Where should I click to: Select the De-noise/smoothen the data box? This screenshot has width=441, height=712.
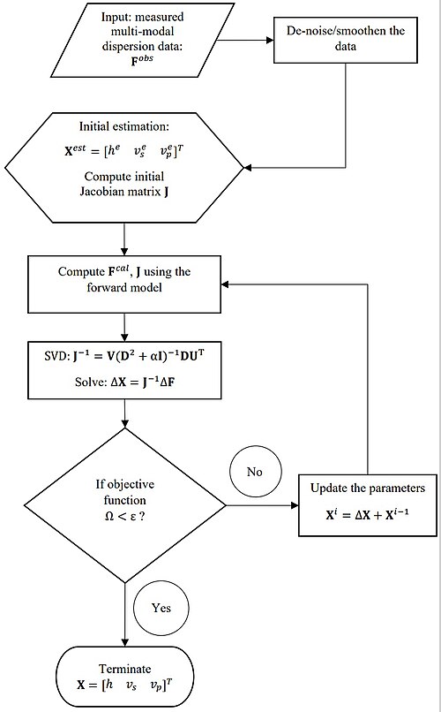pos(346,40)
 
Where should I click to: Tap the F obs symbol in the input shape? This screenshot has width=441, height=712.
pos(142,60)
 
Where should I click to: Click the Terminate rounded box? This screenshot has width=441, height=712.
pos(124,677)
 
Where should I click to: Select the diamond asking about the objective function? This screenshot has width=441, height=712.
pos(124,505)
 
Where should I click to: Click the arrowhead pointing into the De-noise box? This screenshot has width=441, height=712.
pos(270,40)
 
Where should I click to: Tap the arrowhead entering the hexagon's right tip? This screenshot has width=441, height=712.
pos(248,168)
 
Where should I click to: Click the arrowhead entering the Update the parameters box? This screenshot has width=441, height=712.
pos(295,505)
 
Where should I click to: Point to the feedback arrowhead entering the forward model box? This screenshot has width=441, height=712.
pos(225,284)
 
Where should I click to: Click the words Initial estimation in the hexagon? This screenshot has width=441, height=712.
pos(123,126)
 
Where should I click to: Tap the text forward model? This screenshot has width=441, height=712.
pos(124,287)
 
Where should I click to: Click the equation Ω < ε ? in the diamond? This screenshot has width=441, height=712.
pos(124,516)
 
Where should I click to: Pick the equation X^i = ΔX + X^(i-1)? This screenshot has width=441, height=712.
pos(367,514)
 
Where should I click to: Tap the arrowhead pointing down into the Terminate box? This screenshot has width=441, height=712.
pos(124,642)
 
